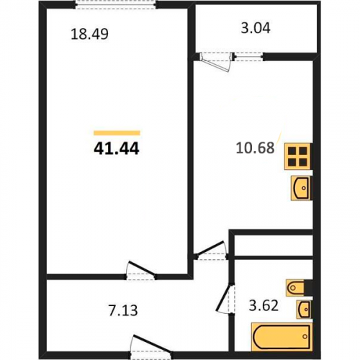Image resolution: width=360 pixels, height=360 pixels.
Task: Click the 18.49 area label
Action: (89, 34)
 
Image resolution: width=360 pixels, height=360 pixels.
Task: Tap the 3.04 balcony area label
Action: (256, 28)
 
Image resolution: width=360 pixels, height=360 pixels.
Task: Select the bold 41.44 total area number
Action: (117, 148)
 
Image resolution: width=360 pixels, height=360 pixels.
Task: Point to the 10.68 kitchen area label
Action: (255, 148)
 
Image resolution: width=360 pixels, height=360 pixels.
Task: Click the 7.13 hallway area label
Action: (123, 310)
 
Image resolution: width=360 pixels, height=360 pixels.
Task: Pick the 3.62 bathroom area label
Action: (264, 306)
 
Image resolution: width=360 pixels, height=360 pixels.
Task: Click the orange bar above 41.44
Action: (117, 132)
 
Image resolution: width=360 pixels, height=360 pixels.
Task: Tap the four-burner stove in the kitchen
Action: (297, 156)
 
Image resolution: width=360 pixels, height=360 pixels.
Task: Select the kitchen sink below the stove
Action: (301, 188)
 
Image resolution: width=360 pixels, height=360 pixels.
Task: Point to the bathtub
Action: (282, 336)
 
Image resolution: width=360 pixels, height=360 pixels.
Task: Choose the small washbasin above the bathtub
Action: (305, 310)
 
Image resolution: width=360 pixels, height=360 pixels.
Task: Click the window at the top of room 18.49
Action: (116, 5)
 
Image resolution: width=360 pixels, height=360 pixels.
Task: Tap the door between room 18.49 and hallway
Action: (141, 271)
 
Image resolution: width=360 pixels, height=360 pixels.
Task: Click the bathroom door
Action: (226, 298)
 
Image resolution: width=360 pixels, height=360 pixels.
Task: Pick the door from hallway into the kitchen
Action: (211, 251)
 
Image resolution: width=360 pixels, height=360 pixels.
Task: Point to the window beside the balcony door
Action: (248, 57)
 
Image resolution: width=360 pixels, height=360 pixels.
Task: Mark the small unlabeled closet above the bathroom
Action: (274, 246)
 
